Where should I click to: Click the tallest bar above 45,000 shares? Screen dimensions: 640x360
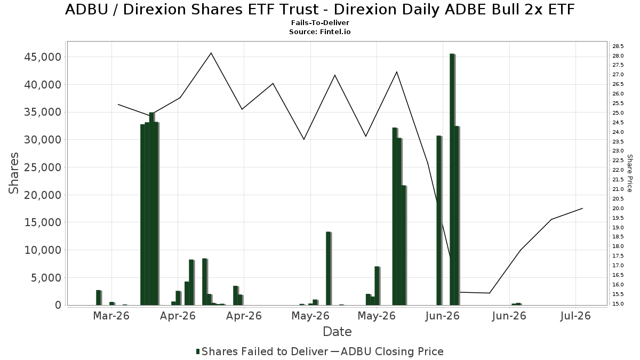452,179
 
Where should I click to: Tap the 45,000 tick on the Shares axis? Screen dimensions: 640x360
43,57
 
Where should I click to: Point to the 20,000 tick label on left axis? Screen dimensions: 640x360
43,195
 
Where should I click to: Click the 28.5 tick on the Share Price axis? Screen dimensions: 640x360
618,46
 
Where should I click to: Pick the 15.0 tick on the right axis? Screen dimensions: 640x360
618,303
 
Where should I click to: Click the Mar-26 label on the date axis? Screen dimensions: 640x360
111,316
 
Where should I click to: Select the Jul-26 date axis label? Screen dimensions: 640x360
575,316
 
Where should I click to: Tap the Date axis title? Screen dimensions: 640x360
337,332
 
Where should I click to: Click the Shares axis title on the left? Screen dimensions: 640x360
13,173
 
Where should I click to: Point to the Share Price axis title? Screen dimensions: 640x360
630,173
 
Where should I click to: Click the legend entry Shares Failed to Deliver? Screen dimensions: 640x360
262,351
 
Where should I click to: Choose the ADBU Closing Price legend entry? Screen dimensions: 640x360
387,351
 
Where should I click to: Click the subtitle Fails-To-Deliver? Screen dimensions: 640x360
320,22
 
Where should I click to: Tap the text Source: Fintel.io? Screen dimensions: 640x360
320,31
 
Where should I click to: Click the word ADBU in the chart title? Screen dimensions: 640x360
86,10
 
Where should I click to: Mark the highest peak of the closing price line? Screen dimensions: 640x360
211,53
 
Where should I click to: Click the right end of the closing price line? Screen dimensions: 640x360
582,209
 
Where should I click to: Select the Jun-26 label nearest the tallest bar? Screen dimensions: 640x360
442,316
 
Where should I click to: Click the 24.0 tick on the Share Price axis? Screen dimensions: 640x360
618,132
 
